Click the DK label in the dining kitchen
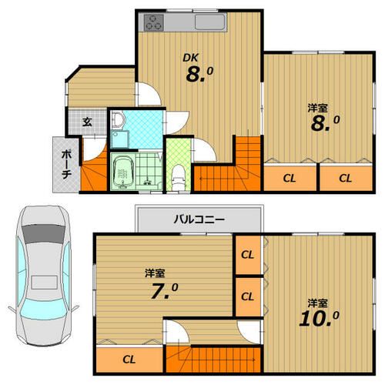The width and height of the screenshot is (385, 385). click(190, 58)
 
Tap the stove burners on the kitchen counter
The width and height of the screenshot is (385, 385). click(154, 22)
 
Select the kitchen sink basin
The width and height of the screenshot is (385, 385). click(210, 22)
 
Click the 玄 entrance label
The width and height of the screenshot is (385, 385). click(87, 122)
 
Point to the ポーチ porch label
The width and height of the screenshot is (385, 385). click(66, 164)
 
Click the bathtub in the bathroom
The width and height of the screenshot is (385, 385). click(122, 172)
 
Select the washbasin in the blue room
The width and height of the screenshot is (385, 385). click(118, 119)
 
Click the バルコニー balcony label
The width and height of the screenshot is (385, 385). click(199, 219)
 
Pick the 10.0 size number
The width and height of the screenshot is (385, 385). click(319, 319)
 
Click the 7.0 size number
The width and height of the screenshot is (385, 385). click(164, 291)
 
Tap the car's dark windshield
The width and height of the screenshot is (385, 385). click(44, 233)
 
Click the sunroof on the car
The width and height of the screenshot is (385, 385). click(44, 283)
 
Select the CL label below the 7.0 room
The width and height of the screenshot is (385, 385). click(129, 360)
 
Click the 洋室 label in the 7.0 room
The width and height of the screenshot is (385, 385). click(155, 273)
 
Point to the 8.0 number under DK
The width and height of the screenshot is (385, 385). click(199, 74)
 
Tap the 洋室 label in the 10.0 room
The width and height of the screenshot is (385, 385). click(318, 303)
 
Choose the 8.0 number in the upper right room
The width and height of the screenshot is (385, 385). click(325, 123)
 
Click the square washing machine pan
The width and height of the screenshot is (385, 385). click(120, 139)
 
